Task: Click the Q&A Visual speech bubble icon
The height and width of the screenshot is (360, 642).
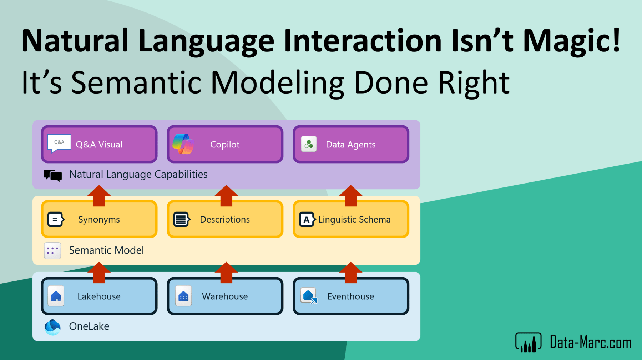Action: coord(59,144)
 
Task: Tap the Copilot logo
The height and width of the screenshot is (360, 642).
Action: coord(183,144)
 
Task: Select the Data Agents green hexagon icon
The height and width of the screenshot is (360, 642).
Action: coord(309,144)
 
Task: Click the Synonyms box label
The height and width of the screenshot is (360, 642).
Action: coord(99,219)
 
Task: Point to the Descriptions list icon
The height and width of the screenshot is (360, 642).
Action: coord(182,219)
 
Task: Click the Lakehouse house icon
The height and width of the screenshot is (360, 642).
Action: coord(56,296)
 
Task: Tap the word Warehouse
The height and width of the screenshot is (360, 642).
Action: coord(225,296)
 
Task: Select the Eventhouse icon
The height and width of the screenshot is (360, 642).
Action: coord(309,296)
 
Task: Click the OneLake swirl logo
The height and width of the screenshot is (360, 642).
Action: coord(52,327)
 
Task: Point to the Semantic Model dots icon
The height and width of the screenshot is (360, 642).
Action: coord(52,250)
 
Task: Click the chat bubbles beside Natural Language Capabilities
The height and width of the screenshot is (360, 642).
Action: coord(53,175)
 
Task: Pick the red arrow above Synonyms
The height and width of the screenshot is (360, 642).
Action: coord(99,196)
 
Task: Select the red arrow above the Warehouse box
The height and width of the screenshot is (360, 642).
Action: coord(226,272)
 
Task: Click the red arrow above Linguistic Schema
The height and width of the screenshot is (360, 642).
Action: coord(351,196)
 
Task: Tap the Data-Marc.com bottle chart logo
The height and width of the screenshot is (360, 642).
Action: coord(529,342)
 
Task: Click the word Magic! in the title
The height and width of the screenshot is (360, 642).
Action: coord(572,41)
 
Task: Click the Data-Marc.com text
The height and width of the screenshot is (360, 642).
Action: coord(591,342)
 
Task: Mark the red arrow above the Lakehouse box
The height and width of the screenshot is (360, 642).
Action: coord(99,272)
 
